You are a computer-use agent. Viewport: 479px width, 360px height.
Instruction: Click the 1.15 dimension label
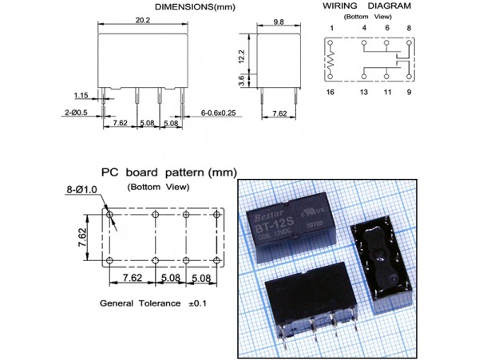point(82,94)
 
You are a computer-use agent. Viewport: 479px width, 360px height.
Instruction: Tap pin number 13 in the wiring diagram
point(364,93)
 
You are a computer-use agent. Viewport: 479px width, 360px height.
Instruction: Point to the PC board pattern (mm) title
point(168,172)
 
